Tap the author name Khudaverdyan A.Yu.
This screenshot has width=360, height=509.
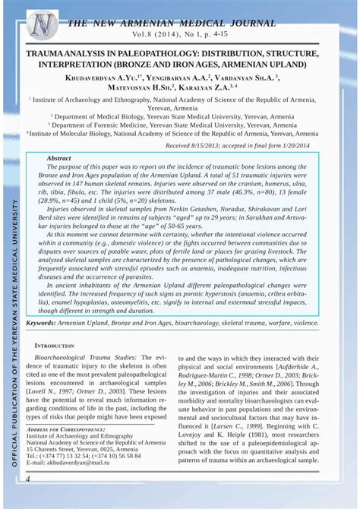coord(106,77)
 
